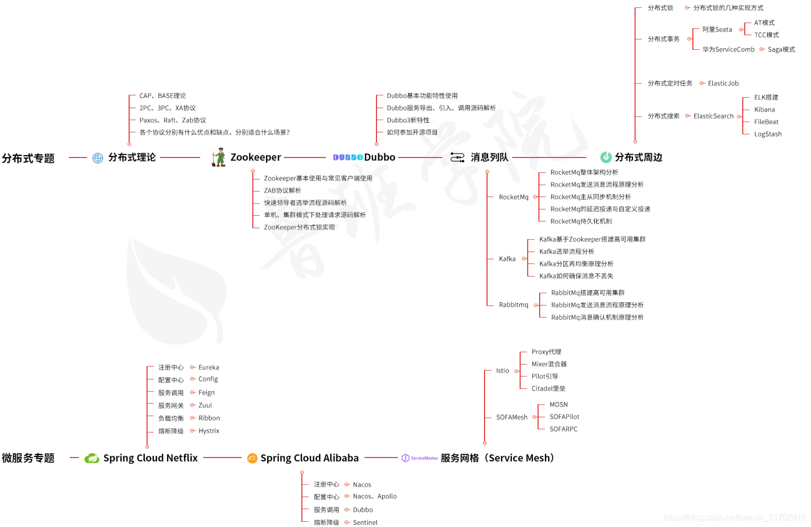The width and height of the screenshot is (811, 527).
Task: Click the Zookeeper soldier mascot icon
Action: tap(218, 157)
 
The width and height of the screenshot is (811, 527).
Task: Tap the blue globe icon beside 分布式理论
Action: tap(98, 158)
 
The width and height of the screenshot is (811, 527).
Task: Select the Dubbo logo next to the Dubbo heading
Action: tap(347, 157)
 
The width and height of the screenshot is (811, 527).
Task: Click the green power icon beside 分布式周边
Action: tap(606, 157)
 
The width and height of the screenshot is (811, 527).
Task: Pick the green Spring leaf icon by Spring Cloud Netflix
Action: tap(92, 458)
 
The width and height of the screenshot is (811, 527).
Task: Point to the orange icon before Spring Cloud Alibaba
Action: tap(252, 458)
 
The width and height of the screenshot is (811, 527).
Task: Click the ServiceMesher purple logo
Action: tap(419, 458)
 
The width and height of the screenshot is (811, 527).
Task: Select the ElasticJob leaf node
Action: tap(723, 83)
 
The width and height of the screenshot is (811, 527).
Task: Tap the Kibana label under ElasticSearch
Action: tap(764, 110)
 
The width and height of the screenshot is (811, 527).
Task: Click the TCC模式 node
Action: tap(766, 35)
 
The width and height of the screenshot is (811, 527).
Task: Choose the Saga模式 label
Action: tap(781, 49)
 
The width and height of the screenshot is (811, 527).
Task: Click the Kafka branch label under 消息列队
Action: tap(507, 259)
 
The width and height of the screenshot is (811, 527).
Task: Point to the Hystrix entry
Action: tap(208, 431)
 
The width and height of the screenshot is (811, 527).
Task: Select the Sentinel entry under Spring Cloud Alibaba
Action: tap(365, 522)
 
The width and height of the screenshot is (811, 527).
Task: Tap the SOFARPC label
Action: tap(563, 429)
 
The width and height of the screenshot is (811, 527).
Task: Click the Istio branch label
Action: tap(502, 371)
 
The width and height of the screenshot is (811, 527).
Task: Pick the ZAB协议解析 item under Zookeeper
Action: tap(282, 191)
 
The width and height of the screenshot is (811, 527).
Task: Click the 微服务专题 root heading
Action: tap(28, 458)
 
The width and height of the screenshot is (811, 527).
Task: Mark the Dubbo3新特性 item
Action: tap(408, 120)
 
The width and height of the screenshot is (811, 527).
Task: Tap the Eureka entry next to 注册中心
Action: tap(208, 367)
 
